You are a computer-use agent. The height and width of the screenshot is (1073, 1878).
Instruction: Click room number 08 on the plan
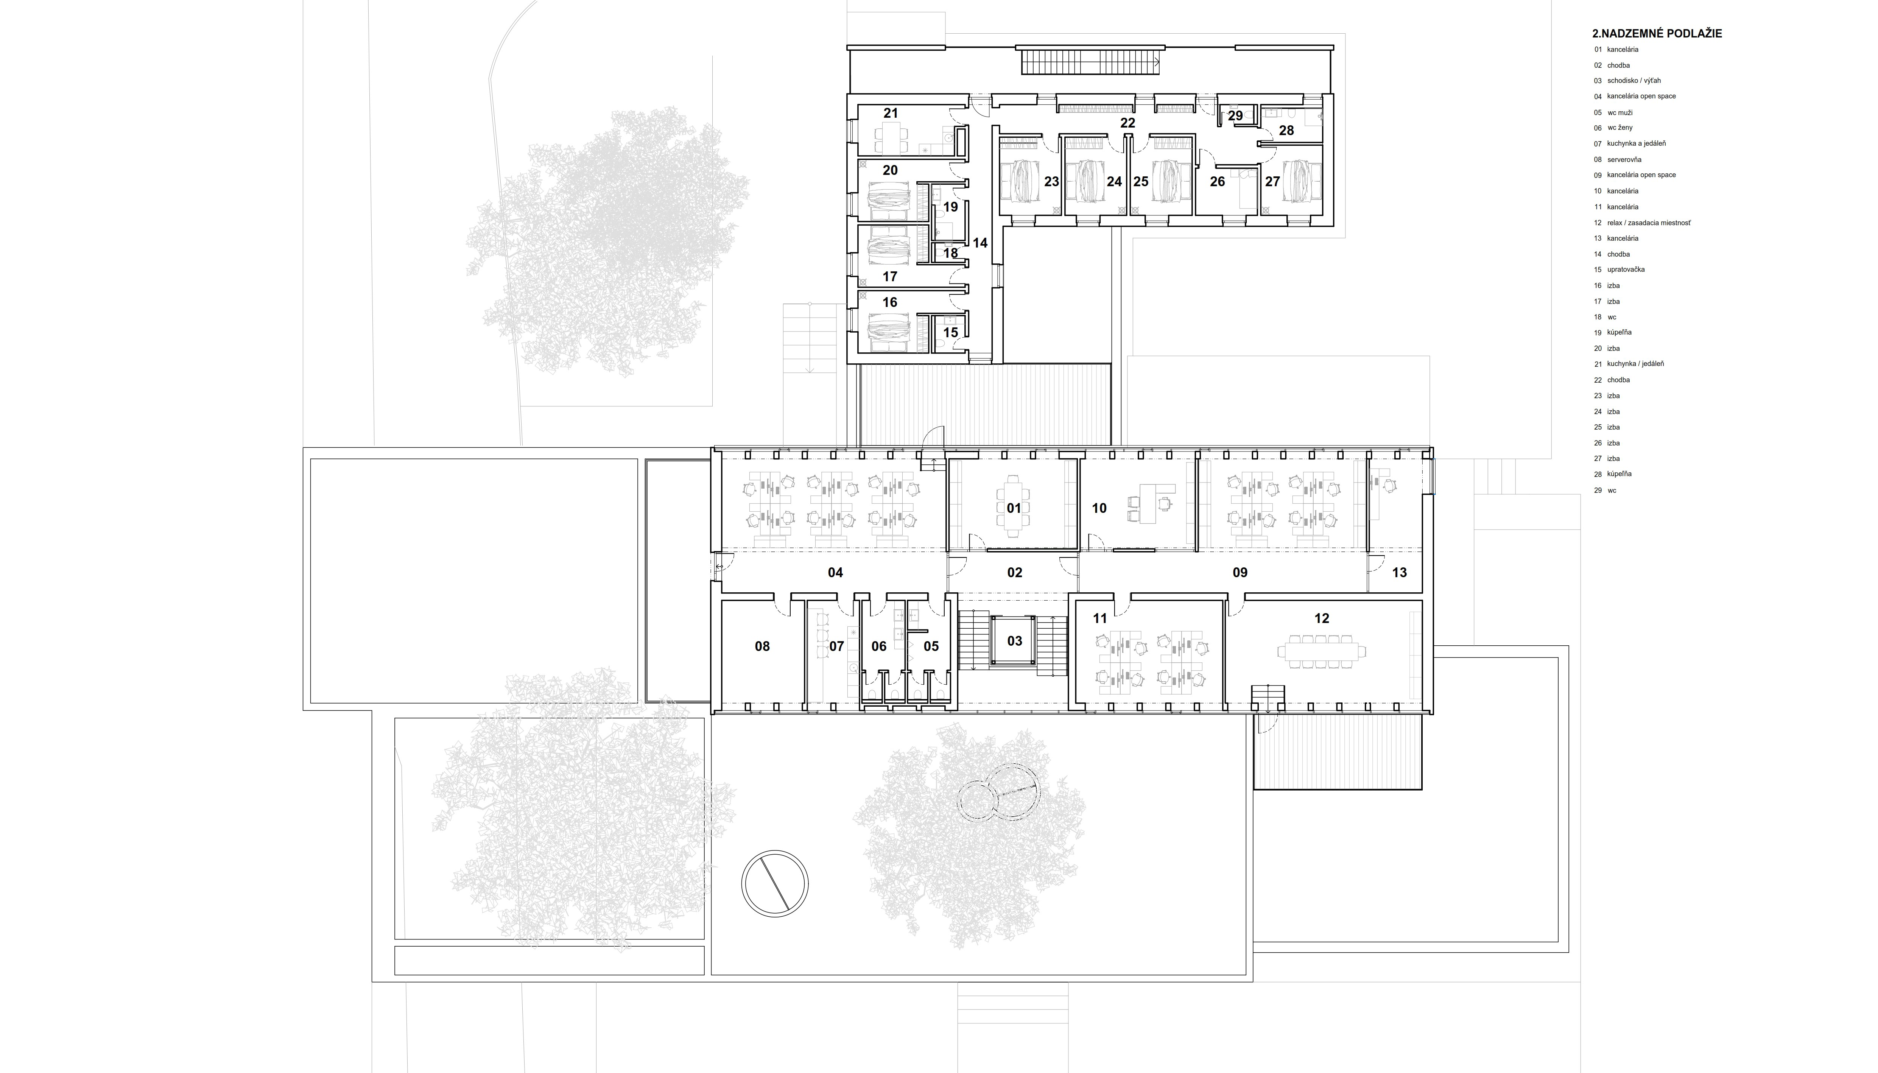(x=762, y=646)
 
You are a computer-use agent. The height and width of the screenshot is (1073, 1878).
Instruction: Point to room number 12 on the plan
(x=1322, y=618)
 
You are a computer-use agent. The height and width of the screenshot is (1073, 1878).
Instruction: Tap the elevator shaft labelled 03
(x=1015, y=641)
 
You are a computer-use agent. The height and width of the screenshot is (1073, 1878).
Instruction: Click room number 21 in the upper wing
(x=891, y=113)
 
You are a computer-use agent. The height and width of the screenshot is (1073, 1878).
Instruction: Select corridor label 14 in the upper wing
(x=980, y=243)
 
